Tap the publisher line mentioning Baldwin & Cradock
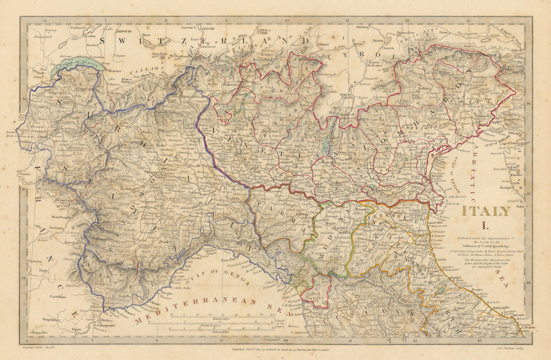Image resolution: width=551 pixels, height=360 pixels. (281, 349)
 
